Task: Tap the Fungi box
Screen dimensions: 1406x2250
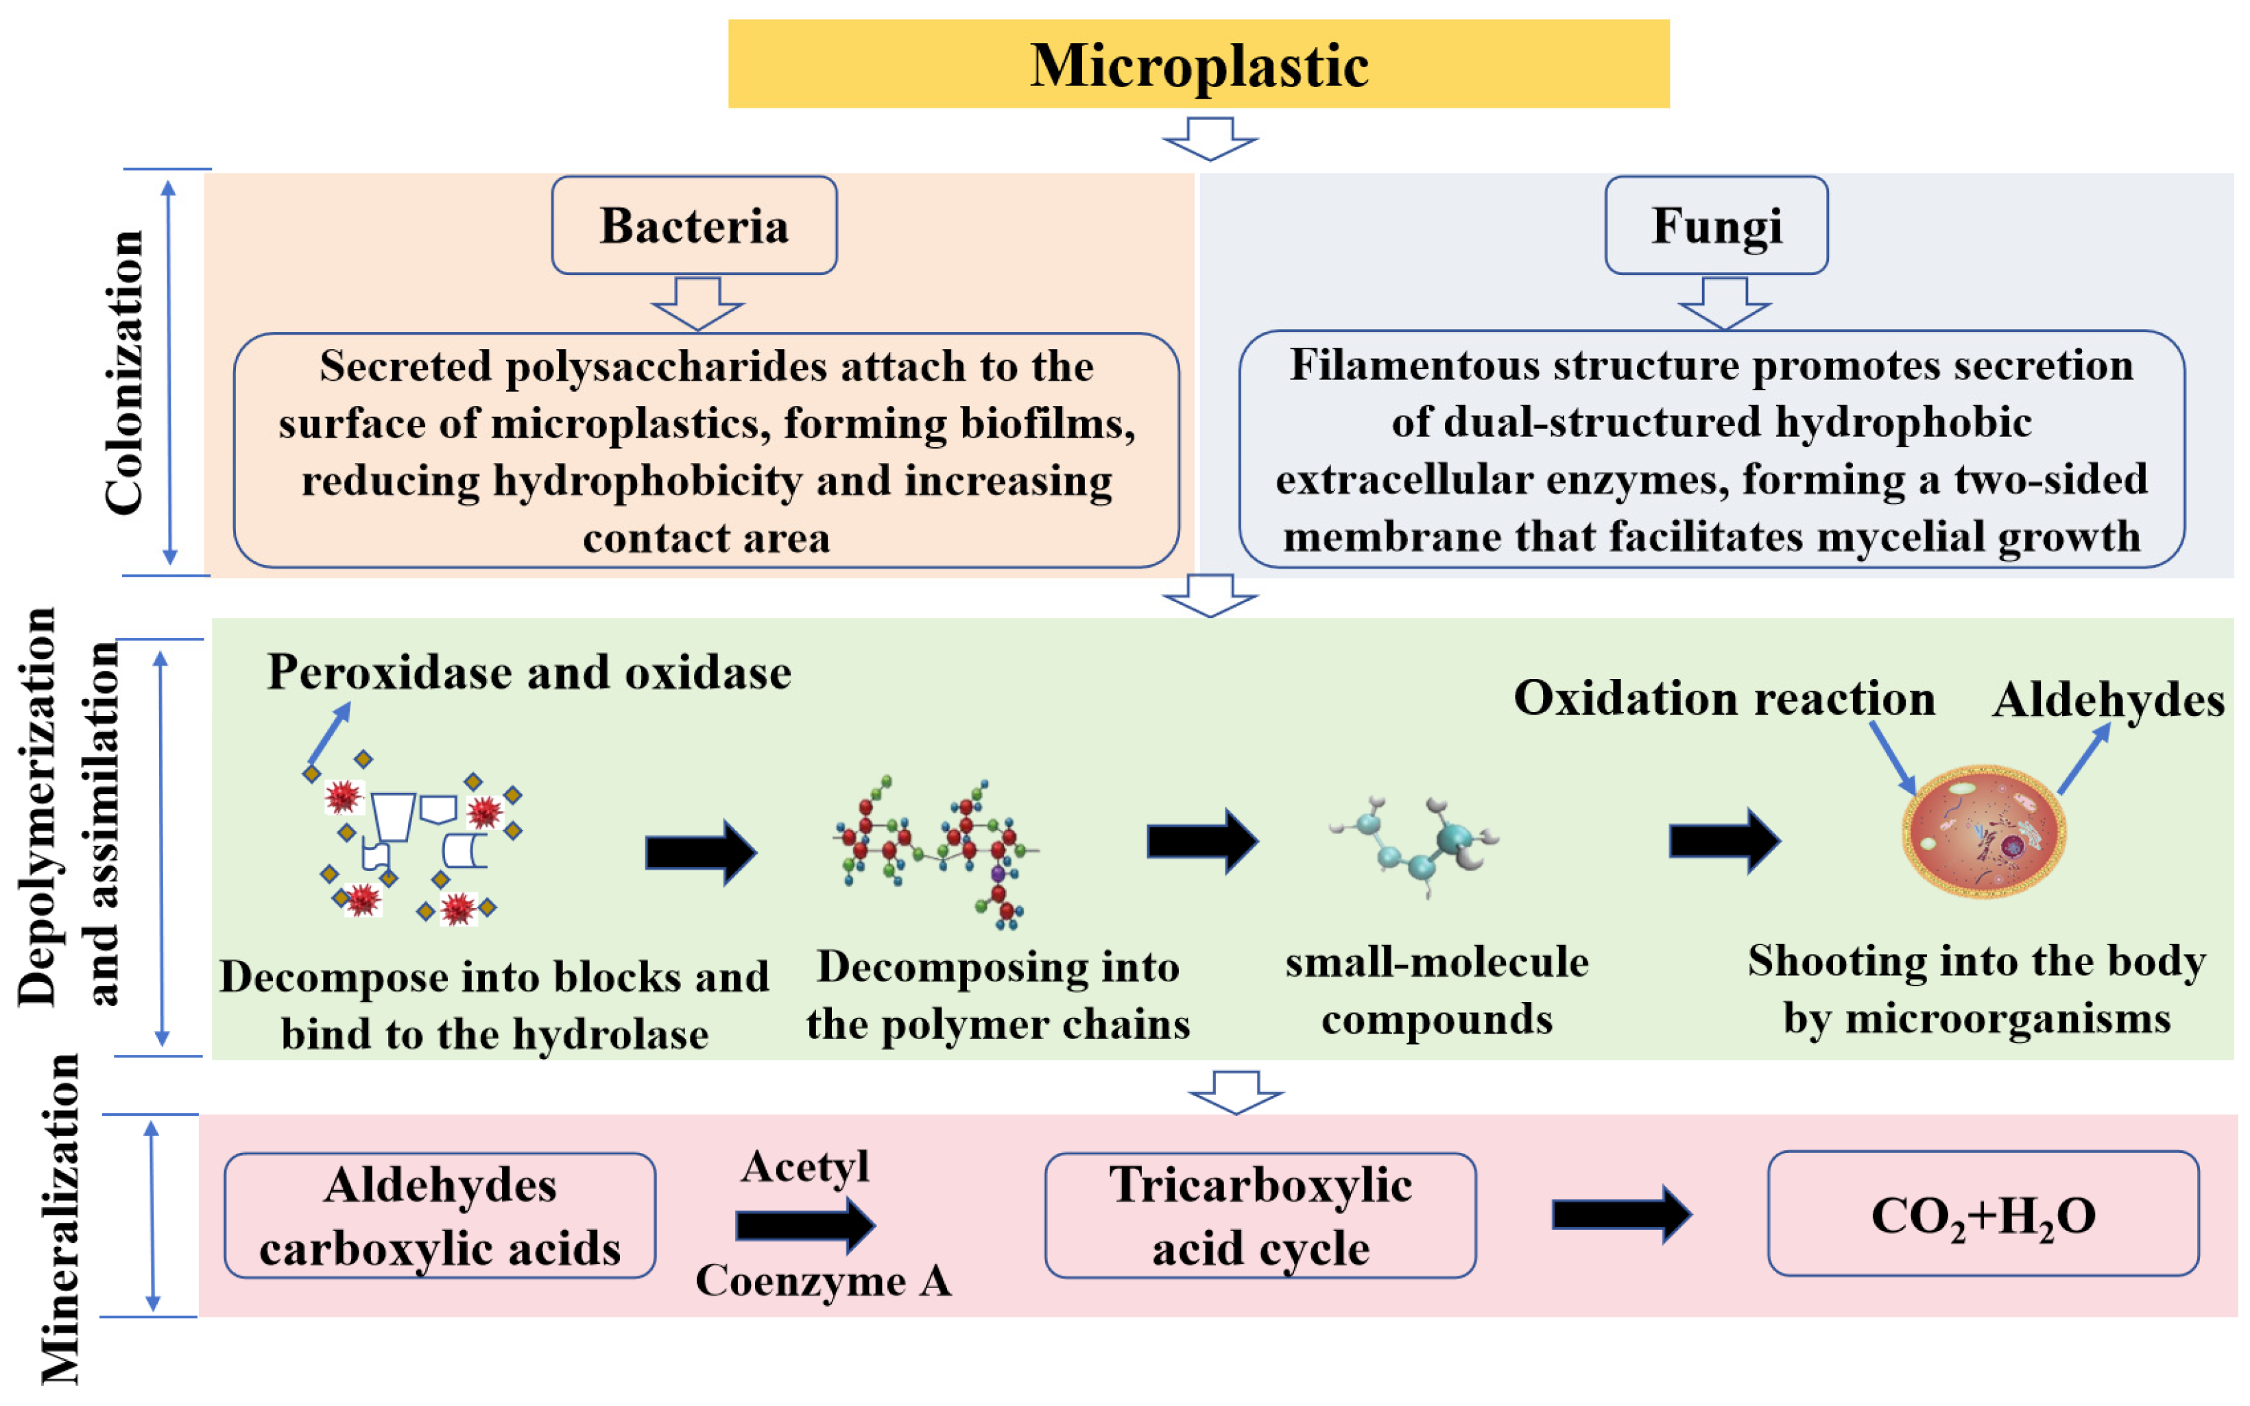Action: tap(1715, 225)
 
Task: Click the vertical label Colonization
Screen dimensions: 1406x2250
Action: tap(123, 372)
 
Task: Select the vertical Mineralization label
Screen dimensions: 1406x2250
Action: tap(61, 1218)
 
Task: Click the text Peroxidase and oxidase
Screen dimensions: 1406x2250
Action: tap(528, 671)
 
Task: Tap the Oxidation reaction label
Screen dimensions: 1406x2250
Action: tap(1723, 698)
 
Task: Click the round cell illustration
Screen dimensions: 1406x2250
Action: tap(1983, 831)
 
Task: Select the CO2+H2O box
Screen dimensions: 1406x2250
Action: tap(1983, 1213)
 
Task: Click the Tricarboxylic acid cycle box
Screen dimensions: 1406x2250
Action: tap(1259, 1215)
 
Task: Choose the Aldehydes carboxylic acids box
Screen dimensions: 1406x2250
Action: tap(439, 1215)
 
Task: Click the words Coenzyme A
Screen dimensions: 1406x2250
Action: tap(823, 1280)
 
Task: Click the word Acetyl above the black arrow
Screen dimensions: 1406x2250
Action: tap(805, 1165)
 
